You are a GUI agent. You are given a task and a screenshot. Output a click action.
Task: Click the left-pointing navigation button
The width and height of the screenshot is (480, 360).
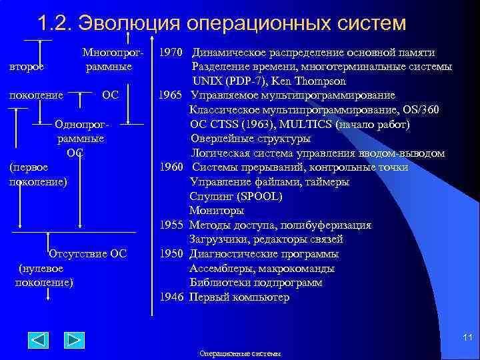point(37,340)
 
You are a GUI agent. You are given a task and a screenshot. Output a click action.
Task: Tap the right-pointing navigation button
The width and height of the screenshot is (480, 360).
point(73,340)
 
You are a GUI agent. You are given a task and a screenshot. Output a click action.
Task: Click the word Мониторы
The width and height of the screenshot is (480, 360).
point(217,211)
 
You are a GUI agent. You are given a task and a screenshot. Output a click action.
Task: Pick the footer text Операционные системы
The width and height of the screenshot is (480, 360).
point(240,353)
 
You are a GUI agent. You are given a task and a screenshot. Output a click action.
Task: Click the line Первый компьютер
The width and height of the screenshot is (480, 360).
point(239,297)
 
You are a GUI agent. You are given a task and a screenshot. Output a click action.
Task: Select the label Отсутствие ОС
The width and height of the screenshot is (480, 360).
point(87,253)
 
